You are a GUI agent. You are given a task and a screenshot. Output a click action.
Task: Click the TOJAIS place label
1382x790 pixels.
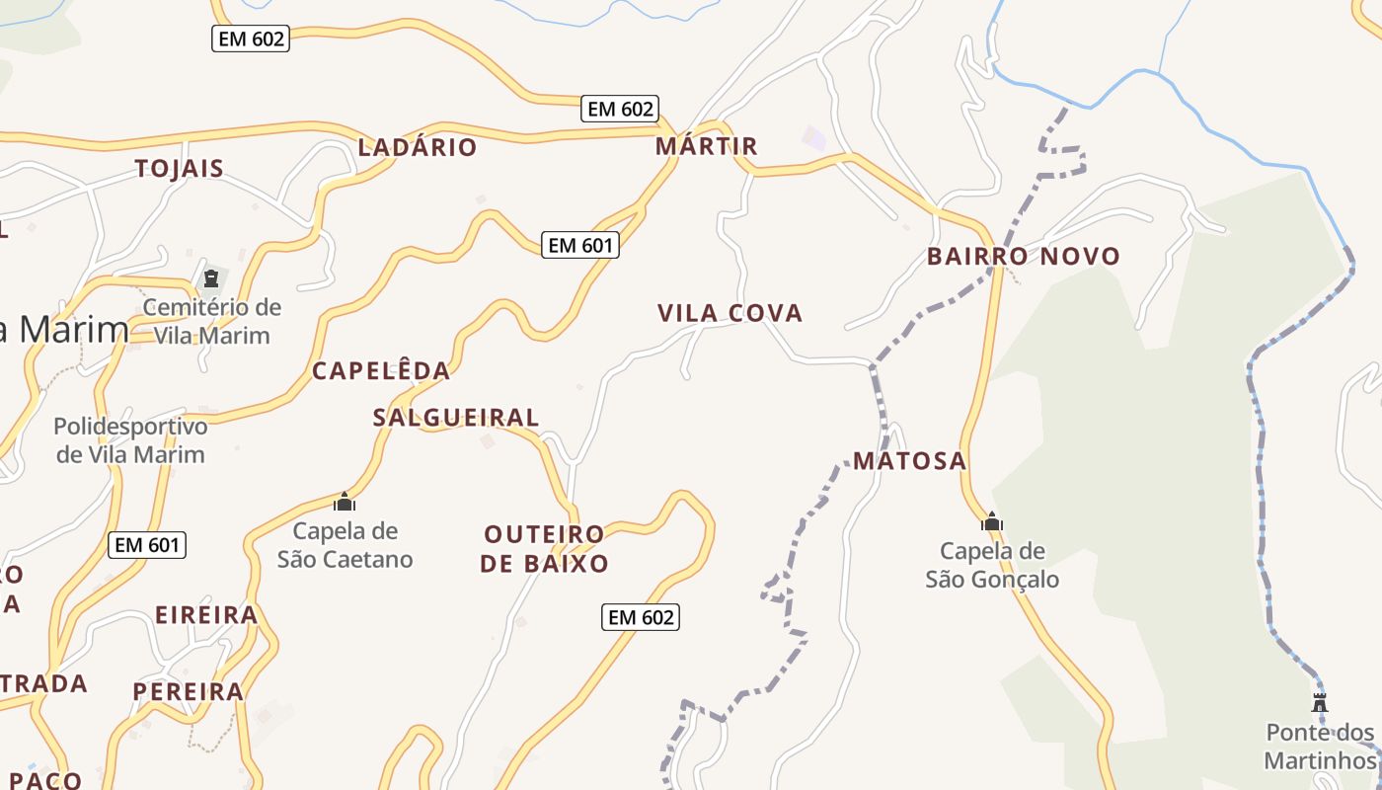[x=180, y=168]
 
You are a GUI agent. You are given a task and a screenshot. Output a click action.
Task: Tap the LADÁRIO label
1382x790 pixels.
[x=418, y=147]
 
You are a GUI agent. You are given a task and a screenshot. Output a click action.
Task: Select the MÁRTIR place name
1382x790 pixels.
[x=707, y=146]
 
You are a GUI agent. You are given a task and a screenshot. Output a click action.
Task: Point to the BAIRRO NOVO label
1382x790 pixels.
[x=1024, y=257]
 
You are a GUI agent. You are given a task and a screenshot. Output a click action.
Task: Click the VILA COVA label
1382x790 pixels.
[x=730, y=313]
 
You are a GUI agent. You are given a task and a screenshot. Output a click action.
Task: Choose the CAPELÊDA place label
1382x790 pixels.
[x=381, y=370]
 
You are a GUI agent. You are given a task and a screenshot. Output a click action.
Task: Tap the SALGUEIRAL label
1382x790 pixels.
[x=456, y=418]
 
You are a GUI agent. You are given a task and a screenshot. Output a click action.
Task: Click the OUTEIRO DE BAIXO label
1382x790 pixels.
[x=545, y=549]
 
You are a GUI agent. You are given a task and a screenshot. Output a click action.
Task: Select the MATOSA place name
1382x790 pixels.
[x=910, y=461]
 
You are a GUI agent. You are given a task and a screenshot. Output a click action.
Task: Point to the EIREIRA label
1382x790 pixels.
[x=206, y=615]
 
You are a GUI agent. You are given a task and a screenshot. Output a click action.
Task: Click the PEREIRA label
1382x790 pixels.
[x=189, y=691]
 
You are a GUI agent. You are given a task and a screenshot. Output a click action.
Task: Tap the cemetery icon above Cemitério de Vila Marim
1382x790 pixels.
[x=210, y=278]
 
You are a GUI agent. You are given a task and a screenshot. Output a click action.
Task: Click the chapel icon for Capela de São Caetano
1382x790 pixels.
[x=345, y=502]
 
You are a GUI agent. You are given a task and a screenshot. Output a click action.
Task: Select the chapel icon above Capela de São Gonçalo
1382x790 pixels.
[x=992, y=521]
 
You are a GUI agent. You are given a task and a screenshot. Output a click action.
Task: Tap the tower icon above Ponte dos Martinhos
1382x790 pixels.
[x=1320, y=702]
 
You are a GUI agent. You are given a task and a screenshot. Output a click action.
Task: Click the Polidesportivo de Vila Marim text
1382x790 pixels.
[x=130, y=440]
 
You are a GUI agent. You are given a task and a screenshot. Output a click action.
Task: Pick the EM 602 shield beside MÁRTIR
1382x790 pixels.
[x=621, y=109]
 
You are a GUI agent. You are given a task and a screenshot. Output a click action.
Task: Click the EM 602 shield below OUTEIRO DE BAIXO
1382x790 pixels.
[x=641, y=617]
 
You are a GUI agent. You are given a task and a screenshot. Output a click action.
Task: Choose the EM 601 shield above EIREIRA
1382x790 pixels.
[x=148, y=544]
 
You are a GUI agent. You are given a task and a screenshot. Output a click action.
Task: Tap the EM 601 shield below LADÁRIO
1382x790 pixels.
[x=580, y=245]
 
